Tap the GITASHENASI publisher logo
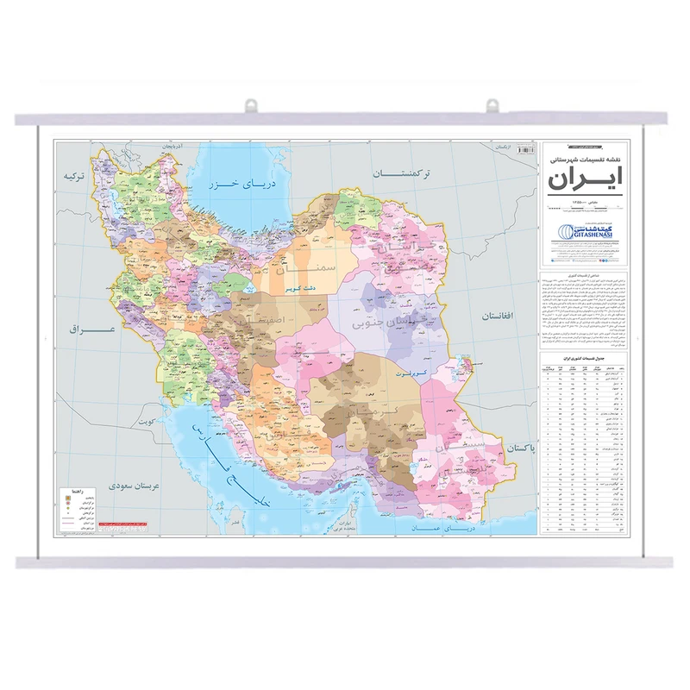pos(585,233)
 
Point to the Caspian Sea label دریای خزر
pos(235,185)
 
